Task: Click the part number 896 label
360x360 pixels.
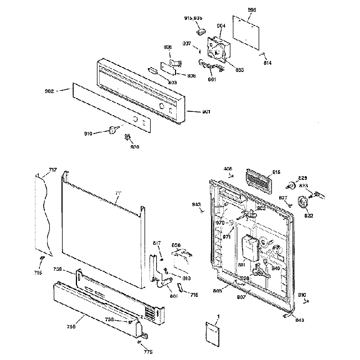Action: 252,10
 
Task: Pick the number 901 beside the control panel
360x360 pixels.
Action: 206,111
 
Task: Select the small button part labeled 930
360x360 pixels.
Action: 128,137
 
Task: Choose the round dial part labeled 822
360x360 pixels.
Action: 304,202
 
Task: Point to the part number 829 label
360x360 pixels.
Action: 303,178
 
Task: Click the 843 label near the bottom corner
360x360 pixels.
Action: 300,320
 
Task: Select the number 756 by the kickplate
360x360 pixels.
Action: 71,327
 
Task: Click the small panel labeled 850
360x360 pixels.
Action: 181,259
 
